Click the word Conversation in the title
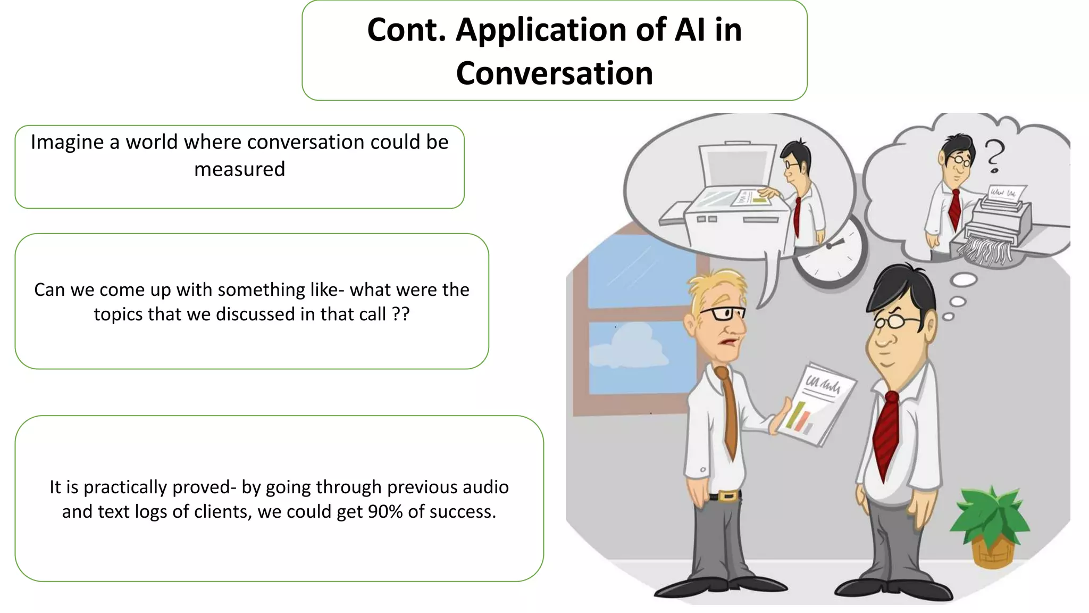[554, 73]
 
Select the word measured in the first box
[239, 169]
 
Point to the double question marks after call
[400, 314]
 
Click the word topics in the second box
[118, 314]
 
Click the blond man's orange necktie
[728, 410]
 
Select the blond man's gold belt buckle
[728, 497]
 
